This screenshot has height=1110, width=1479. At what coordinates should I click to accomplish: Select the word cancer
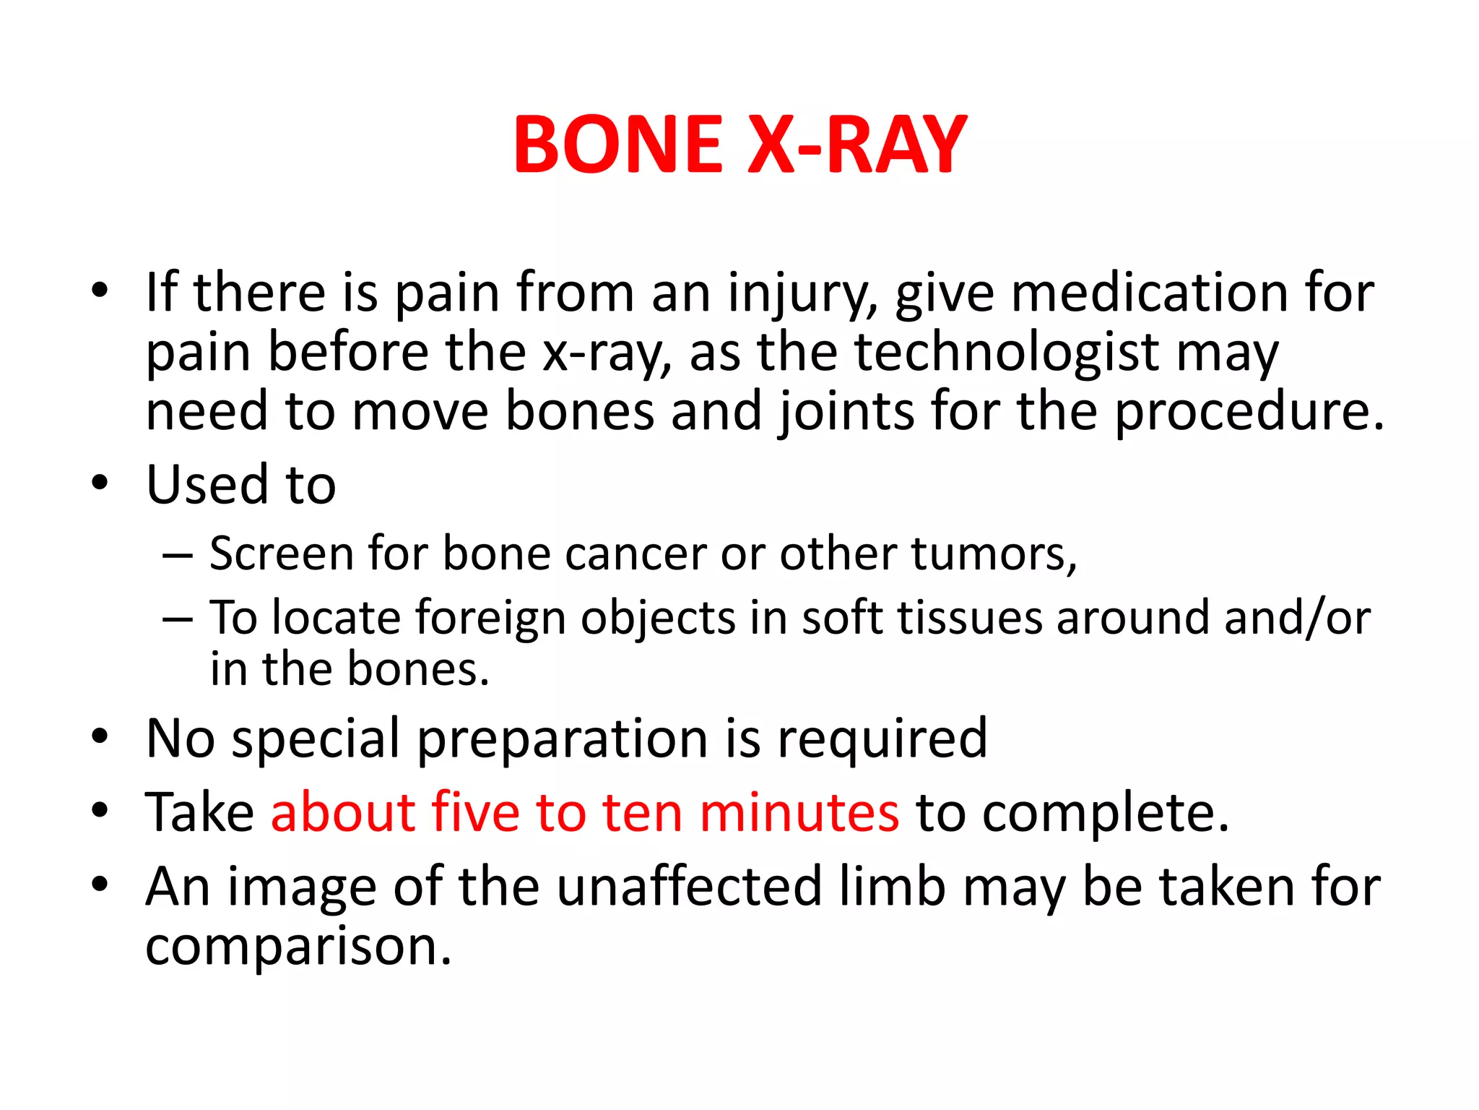point(635,554)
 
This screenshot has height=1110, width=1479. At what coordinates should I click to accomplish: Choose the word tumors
point(994,554)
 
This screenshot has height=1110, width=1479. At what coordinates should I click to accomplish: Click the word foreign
point(490,620)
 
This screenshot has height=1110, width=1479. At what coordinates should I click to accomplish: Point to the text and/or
point(1285,619)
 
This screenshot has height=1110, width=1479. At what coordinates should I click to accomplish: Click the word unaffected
point(690,887)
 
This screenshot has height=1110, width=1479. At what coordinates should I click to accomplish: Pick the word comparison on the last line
point(298,947)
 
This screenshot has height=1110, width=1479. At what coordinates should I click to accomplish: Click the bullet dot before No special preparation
point(100,736)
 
